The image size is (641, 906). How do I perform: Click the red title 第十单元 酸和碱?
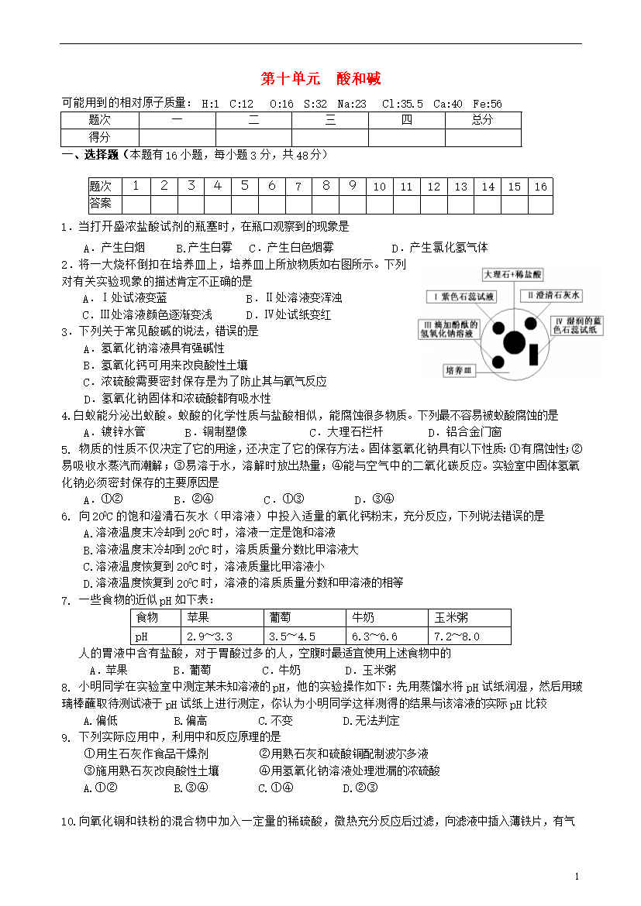pyautogui.click(x=320, y=79)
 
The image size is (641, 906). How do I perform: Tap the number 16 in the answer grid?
pyautogui.click(x=540, y=187)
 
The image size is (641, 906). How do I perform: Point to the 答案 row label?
pyautogui.click(x=101, y=204)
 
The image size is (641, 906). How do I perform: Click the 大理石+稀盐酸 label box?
pyautogui.click(x=513, y=275)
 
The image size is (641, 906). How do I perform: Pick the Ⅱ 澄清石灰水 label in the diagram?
pyautogui.click(x=550, y=296)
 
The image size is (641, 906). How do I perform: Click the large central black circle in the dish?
pyautogui.click(x=514, y=341)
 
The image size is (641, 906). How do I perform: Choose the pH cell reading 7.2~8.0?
pyautogui.click(x=457, y=636)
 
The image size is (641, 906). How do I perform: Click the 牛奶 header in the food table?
pyautogui.click(x=364, y=617)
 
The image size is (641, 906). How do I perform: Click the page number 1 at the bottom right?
pyautogui.click(x=577, y=876)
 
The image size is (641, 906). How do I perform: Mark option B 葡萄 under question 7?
pyautogui.click(x=191, y=670)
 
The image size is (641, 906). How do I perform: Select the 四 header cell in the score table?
pyautogui.click(x=407, y=120)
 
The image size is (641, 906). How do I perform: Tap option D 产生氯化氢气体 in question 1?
pyautogui.click(x=439, y=247)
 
